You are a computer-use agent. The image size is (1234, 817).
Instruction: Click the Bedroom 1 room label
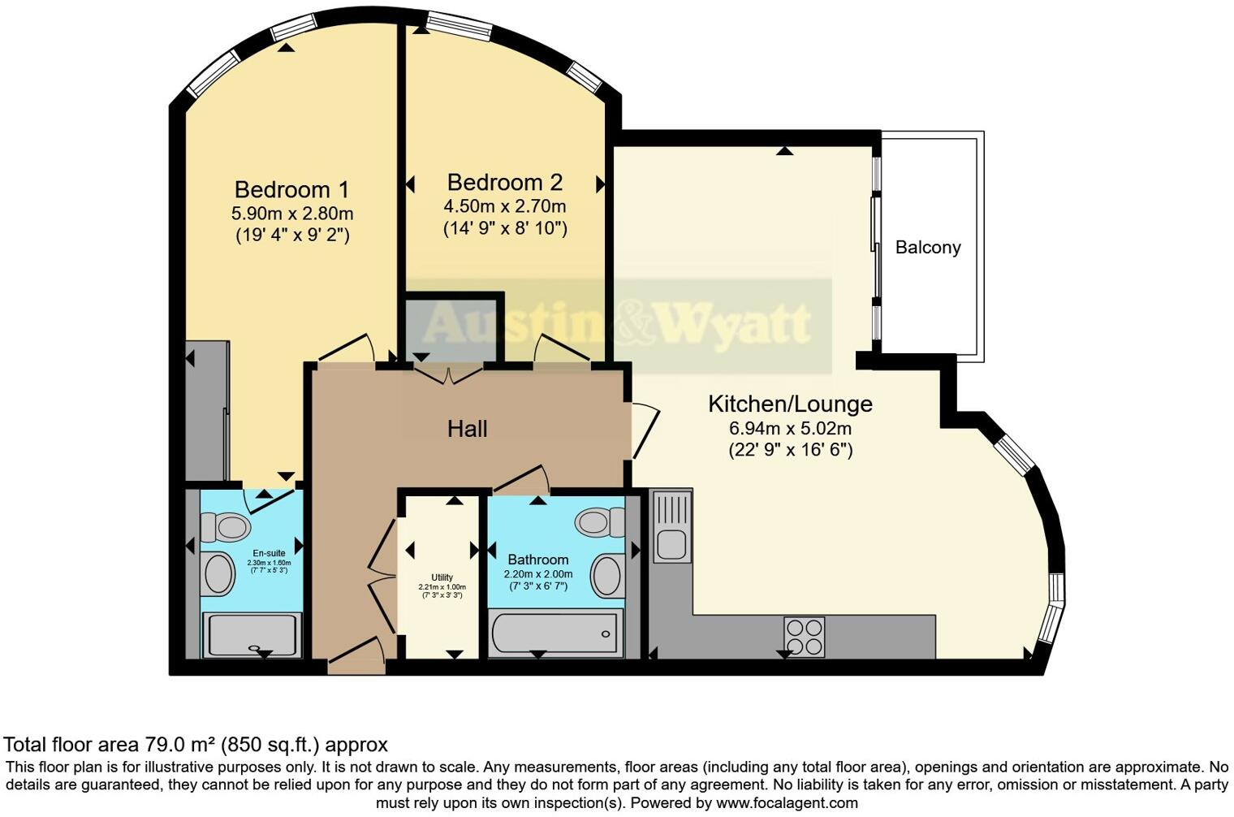(x=291, y=190)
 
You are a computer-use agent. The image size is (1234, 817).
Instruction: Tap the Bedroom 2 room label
(x=504, y=182)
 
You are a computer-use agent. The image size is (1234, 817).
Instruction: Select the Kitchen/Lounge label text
(x=790, y=404)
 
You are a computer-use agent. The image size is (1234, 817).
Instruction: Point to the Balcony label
(x=928, y=248)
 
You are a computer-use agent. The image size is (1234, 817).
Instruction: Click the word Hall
(x=467, y=429)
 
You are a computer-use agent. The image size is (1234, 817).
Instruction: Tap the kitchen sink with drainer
(x=671, y=526)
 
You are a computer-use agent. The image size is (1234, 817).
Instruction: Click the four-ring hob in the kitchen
(x=804, y=637)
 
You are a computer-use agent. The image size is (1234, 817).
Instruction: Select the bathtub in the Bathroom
(x=555, y=633)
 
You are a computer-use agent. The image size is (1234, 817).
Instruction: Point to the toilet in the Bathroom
(x=600, y=521)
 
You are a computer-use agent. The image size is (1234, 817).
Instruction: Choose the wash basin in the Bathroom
(x=607, y=576)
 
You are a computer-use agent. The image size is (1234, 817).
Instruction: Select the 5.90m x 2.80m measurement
(x=292, y=214)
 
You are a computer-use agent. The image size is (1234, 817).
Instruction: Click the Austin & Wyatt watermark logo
(x=617, y=324)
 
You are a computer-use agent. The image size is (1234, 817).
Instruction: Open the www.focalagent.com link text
(x=787, y=803)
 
